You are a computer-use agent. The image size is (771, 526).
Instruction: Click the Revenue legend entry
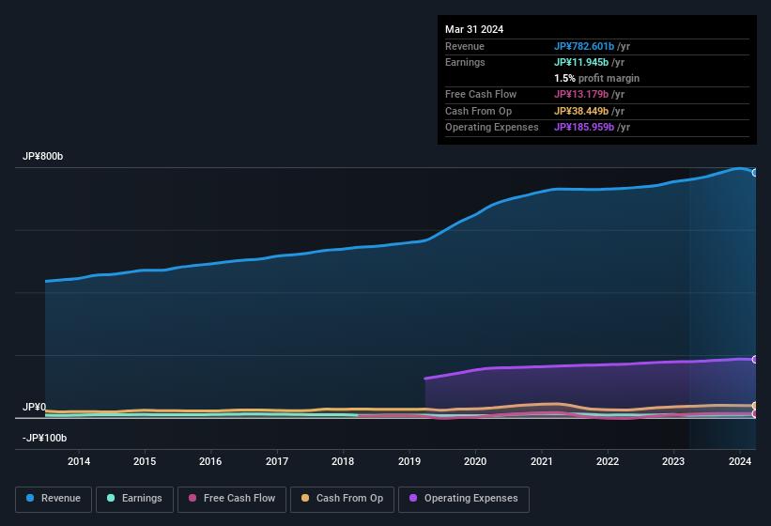coord(53,499)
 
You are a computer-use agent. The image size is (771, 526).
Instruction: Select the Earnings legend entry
coord(134,499)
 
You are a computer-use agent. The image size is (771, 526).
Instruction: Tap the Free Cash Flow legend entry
coord(232,499)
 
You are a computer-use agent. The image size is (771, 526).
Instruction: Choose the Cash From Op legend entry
coord(342,499)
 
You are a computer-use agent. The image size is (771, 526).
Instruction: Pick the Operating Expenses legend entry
coord(463,499)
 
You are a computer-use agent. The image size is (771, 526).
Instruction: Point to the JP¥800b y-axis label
coord(43,157)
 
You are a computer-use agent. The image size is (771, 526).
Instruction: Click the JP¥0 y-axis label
coord(34,407)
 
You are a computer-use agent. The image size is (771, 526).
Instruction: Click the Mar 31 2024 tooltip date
coord(474,29)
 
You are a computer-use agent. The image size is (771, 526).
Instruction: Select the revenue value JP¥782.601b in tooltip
coord(584,46)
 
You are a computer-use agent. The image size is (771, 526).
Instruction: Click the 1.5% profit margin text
coord(596,78)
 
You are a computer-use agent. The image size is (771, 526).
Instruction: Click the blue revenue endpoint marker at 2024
coord(754,173)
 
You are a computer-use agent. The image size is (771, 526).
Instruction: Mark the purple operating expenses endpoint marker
coord(754,360)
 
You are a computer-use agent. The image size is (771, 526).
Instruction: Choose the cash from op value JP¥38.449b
coord(581,111)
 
